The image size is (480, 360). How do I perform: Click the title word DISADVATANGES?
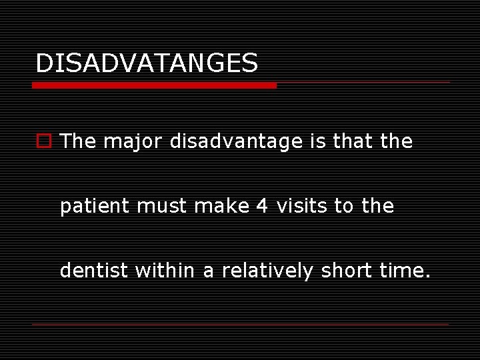click(146, 63)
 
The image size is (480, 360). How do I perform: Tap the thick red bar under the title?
click(154, 85)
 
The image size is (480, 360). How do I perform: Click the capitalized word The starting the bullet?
click(78, 141)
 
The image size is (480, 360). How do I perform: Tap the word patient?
click(95, 207)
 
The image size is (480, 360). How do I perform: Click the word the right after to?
click(379, 207)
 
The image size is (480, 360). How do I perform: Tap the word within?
click(161, 271)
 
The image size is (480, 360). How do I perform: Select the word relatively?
click(267, 271)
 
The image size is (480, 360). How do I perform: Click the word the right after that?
click(397, 141)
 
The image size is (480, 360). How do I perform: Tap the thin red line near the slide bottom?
click(240, 324)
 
